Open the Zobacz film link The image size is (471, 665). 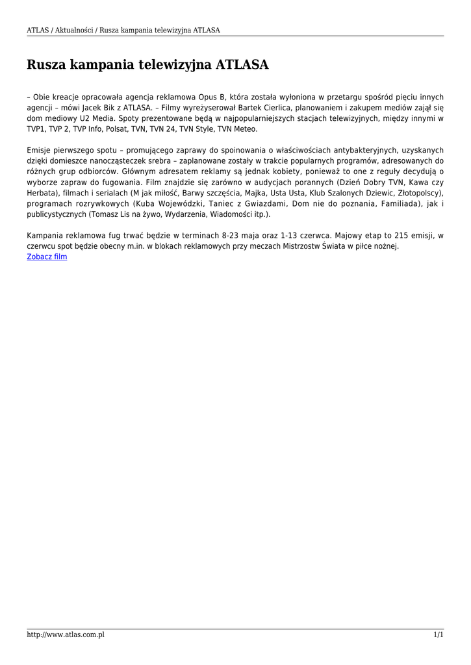click(47, 257)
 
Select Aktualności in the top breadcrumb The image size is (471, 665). click(73, 31)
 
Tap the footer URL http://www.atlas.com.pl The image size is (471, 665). click(66, 634)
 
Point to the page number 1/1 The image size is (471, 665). click(439, 634)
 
